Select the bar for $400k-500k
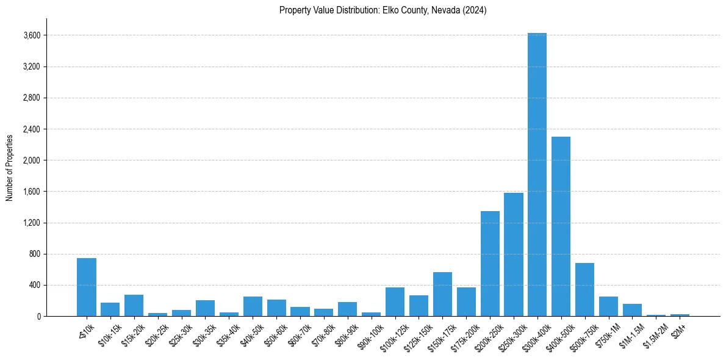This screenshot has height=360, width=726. [x=561, y=226]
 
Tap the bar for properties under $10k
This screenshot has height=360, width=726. [x=87, y=287]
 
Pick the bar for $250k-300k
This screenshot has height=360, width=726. [x=513, y=254]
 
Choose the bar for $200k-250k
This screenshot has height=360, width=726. [x=490, y=264]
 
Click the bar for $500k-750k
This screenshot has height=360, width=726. [x=584, y=289]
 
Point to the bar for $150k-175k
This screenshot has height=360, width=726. [x=442, y=294]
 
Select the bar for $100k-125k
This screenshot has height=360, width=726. [x=395, y=301]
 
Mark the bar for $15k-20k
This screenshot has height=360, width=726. [x=134, y=305]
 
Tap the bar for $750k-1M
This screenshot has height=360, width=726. [x=608, y=306]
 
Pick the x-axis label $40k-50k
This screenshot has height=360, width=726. [x=252, y=333]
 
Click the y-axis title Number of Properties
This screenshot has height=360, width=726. [x=9, y=167]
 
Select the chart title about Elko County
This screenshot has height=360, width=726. [x=383, y=10]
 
